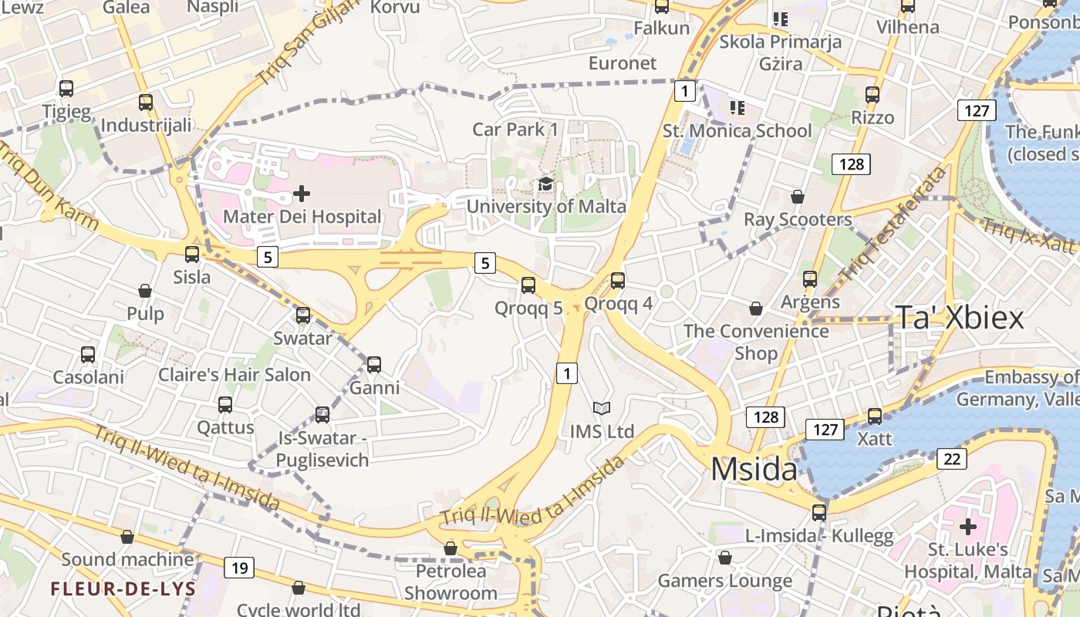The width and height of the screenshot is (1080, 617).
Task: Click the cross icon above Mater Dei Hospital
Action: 302,193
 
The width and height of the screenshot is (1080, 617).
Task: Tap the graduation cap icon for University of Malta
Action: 546,184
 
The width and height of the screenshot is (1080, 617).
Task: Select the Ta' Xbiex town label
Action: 959,317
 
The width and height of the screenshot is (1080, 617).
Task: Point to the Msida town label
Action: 754,469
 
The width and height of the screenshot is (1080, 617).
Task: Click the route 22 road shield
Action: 952,459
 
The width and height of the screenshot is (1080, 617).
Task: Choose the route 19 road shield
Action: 239,568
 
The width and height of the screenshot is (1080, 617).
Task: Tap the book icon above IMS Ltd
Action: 602,408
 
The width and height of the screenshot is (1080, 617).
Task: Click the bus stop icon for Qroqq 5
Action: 528,285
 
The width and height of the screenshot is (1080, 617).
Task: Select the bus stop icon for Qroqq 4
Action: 618,281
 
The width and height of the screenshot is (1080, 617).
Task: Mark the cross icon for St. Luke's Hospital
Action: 967,527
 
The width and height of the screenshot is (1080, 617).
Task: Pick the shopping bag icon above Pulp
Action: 145,291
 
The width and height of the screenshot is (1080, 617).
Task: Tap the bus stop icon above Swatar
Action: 303,315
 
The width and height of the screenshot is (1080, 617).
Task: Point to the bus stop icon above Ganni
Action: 374,364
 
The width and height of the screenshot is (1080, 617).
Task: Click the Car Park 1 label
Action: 515,129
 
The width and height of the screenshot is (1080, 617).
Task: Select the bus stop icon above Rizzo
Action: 872,95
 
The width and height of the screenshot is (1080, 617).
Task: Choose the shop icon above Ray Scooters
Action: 798,197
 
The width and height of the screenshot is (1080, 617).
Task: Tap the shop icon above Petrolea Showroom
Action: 451,548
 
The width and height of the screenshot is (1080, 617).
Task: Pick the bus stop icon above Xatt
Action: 875,416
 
